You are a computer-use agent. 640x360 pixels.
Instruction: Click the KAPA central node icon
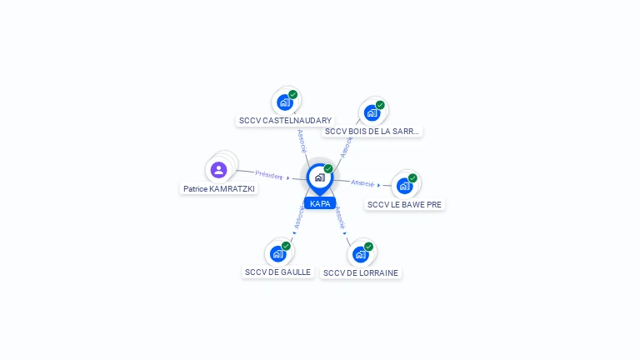(x=320, y=177)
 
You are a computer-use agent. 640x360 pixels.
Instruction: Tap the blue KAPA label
(x=320, y=203)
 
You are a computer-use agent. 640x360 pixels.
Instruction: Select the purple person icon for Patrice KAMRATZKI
(x=219, y=170)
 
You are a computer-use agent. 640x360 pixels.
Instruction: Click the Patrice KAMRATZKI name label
(x=219, y=189)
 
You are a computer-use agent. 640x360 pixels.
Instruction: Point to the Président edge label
(x=268, y=175)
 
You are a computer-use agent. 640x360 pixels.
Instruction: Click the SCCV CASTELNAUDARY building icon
(x=285, y=102)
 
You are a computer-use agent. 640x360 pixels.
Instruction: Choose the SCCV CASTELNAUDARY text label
(x=285, y=120)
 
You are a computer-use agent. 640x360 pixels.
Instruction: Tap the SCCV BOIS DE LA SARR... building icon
(x=372, y=113)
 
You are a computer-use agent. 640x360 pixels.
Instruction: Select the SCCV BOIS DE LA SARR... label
(x=372, y=132)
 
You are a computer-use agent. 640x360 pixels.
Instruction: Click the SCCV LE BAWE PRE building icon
(x=404, y=186)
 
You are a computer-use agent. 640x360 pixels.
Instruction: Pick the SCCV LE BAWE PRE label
(x=404, y=204)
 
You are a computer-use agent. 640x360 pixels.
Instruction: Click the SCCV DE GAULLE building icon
(x=278, y=254)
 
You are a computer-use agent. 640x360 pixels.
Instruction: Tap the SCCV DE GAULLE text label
(x=278, y=272)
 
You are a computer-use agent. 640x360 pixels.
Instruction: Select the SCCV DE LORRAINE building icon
(x=360, y=255)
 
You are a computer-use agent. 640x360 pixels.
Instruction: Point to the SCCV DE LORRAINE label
(x=360, y=273)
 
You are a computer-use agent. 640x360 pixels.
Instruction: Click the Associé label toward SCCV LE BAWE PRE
(x=362, y=183)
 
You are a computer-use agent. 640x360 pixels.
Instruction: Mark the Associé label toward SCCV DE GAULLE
(x=299, y=217)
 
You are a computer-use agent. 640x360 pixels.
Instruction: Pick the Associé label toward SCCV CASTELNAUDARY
(x=302, y=141)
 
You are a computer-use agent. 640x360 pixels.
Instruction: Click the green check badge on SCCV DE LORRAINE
(x=368, y=247)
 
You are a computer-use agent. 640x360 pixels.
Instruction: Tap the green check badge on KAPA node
(x=328, y=168)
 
